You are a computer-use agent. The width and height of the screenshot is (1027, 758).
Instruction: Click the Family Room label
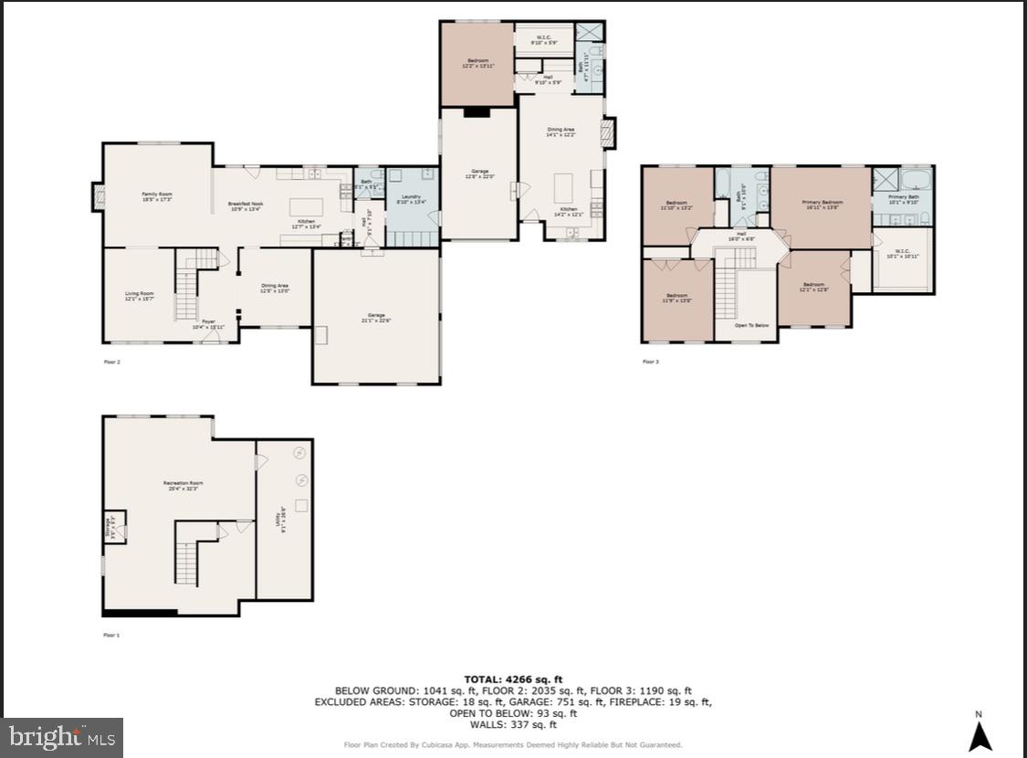click(156, 195)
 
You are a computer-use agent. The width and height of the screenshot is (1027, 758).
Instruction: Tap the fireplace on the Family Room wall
click(98, 196)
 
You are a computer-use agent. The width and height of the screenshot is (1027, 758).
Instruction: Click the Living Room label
click(139, 295)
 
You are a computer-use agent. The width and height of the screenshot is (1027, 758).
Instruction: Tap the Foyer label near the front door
click(208, 322)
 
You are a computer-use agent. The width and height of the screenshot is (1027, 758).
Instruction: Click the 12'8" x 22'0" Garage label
click(479, 173)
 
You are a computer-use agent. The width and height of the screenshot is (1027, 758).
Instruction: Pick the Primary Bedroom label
click(822, 204)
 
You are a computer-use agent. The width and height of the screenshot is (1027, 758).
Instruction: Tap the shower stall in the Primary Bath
click(885, 177)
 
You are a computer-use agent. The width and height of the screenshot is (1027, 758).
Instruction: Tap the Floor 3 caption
click(650, 362)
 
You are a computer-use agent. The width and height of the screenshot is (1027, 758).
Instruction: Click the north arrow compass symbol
click(980, 735)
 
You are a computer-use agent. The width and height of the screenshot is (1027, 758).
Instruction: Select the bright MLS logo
click(62, 737)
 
